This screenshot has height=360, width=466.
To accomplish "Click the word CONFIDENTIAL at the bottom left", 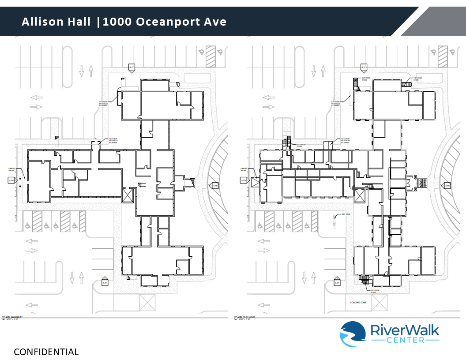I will pos(46,352).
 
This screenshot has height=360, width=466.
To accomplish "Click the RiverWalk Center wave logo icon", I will pos(353,334).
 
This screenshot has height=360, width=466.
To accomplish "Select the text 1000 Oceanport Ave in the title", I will pos(164,21).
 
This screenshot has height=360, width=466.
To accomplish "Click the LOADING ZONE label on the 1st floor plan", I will pos(358,302).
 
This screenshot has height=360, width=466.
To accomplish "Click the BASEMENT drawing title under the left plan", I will pos(14,317).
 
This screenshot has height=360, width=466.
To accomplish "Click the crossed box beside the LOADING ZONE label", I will pos(380,302).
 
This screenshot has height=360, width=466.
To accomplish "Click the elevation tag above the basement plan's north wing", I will pos(132,67).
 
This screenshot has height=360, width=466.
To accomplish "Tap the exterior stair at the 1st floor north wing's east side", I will pos(406,83).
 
